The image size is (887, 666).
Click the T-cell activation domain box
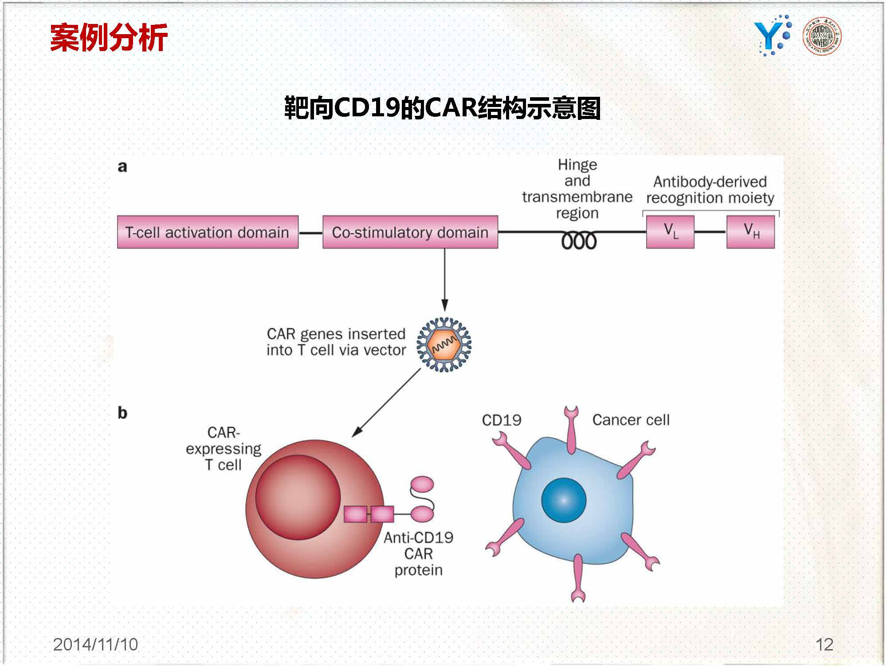click(x=208, y=232)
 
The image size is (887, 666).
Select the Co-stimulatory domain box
click(x=410, y=232)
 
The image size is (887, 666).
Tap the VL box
click(x=670, y=232)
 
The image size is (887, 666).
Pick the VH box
click(x=750, y=232)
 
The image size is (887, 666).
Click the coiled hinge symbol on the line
click(x=578, y=241)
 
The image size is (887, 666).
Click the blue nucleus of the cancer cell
click(x=564, y=500)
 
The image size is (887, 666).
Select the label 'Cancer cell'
click(x=631, y=420)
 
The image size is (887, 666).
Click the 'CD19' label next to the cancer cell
click(x=501, y=420)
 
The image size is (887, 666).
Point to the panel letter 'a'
click(x=122, y=166)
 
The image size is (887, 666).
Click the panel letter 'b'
click(x=122, y=413)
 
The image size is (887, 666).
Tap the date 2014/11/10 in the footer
click(x=95, y=644)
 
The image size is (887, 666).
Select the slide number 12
click(x=824, y=644)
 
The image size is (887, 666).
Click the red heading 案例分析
click(x=109, y=37)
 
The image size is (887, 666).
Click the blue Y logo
click(x=772, y=36)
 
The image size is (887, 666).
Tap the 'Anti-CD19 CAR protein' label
click(x=418, y=554)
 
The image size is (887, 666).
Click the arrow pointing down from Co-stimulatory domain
click(x=444, y=280)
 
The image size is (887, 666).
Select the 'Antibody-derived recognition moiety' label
click(x=710, y=190)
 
